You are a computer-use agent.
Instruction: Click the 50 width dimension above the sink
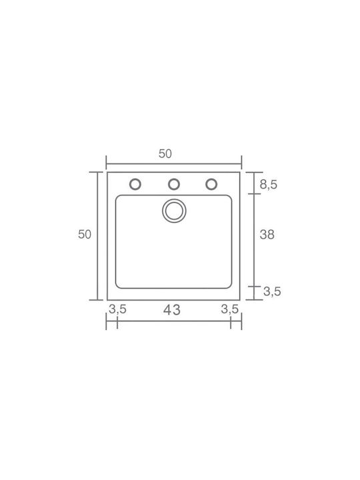click(165, 154)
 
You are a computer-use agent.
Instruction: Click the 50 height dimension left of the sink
click(85, 235)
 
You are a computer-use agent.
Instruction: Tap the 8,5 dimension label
click(269, 185)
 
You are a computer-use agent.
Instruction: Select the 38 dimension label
click(267, 235)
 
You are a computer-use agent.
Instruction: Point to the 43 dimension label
click(172, 310)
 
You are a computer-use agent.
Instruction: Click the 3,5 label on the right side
click(272, 291)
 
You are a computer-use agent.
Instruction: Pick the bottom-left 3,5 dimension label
click(117, 309)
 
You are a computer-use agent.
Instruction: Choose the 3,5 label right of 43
click(230, 309)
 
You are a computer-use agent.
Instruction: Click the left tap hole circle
click(135, 184)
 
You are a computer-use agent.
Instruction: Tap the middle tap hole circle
click(173, 184)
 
